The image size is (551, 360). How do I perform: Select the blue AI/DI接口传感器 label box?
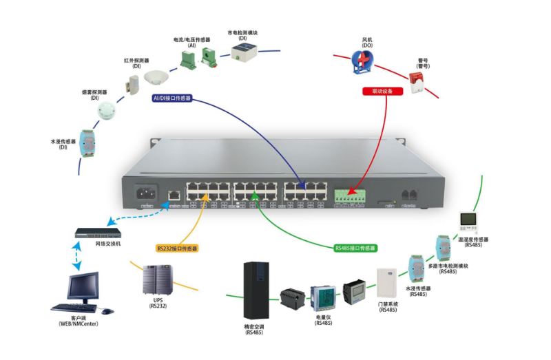coord(172,98)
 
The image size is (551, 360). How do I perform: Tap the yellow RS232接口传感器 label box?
coord(177,248)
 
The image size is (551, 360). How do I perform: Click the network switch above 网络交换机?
coord(97,233)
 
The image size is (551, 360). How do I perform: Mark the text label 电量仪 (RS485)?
coord(324,319)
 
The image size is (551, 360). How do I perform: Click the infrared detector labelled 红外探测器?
coord(132,84)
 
